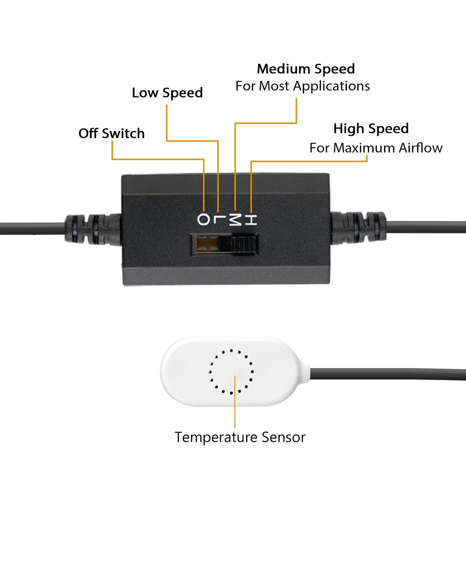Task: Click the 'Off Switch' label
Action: (112, 133)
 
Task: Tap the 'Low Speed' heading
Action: (167, 93)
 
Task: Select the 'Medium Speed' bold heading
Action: (306, 69)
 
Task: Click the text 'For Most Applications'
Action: (302, 86)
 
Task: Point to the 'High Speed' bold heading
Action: (371, 129)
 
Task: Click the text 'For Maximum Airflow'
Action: (376, 148)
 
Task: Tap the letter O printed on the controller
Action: (203, 220)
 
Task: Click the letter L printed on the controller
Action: (219, 220)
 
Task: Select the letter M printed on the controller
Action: (235, 220)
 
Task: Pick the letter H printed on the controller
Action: (251, 220)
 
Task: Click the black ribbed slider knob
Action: (244, 245)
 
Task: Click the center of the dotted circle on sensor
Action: (231, 371)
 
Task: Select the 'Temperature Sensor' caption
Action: (240, 437)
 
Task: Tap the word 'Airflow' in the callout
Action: (421, 148)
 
